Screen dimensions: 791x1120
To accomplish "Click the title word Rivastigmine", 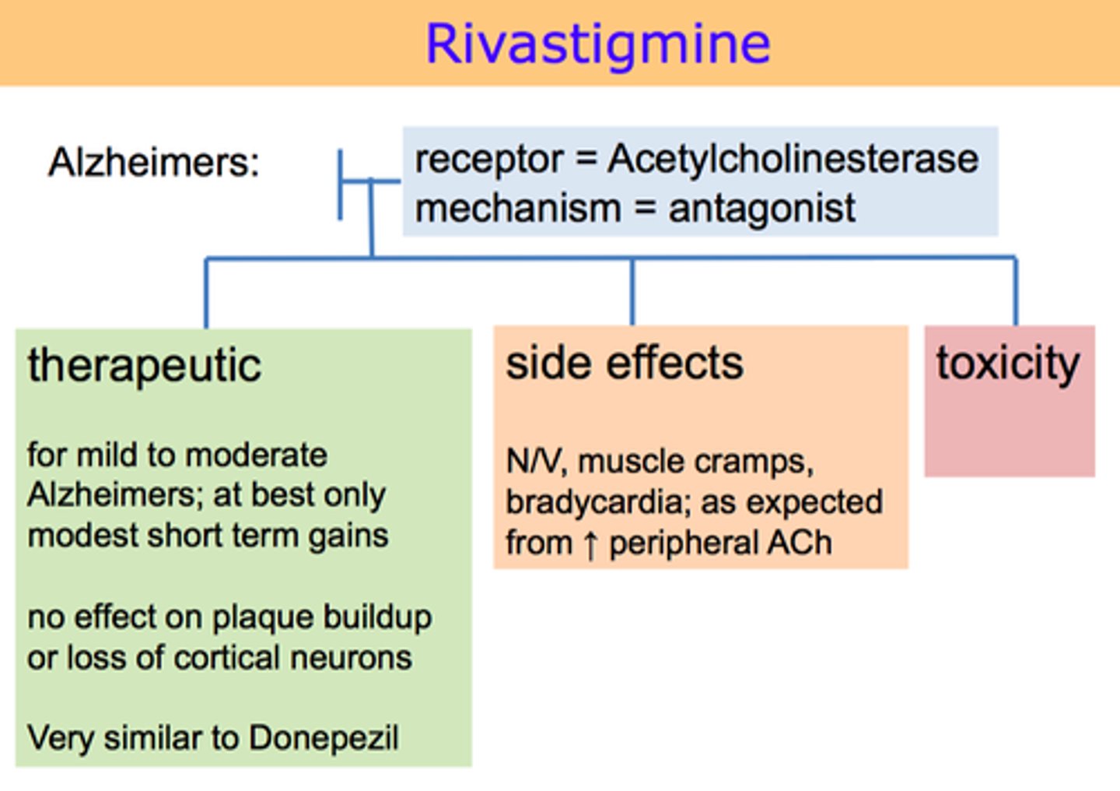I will [597, 44].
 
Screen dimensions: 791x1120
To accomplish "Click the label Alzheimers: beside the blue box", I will [153, 163].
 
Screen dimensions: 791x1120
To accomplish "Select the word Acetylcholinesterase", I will [793, 159].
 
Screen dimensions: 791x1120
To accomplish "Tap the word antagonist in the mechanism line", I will [761, 209].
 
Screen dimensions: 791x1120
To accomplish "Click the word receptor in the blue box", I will [488, 159].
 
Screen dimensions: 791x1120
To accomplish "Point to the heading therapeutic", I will [144, 365].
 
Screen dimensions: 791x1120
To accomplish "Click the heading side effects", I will [624, 363].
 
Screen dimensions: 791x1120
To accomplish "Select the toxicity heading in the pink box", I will [1007, 364].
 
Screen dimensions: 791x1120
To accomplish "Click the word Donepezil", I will [324, 738].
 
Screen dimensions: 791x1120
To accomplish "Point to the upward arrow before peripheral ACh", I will [590, 543].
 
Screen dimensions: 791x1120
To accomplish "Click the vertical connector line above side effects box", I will [632, 291].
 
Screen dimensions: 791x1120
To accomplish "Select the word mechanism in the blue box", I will [517, 209].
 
